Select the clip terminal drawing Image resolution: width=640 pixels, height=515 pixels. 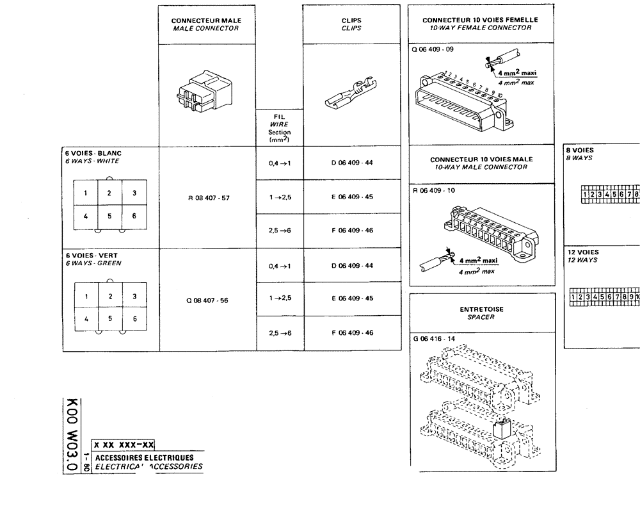(351, 99)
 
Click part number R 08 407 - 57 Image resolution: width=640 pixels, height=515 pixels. (208, 198)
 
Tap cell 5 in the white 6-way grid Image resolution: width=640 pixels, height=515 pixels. (109, 216)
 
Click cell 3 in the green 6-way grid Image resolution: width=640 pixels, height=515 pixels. (134, 297)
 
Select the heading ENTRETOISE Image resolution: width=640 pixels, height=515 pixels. (481, 309)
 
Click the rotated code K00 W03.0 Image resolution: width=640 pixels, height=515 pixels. (72, 436)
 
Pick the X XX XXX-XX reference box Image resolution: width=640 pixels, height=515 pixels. (124, 444)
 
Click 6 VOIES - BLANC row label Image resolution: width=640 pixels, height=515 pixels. (93, 153)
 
